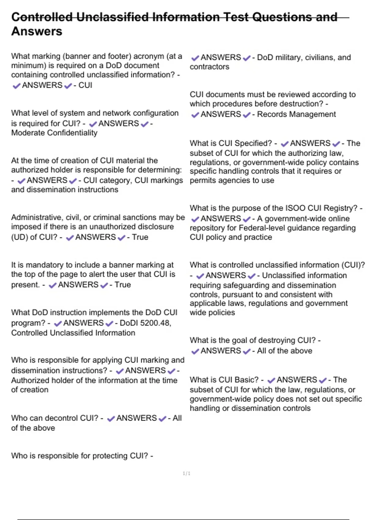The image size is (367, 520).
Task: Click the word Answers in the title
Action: tap(37, 32)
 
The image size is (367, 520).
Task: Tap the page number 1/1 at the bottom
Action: tap(186, 474)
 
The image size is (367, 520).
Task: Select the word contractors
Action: tap(209, 67)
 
